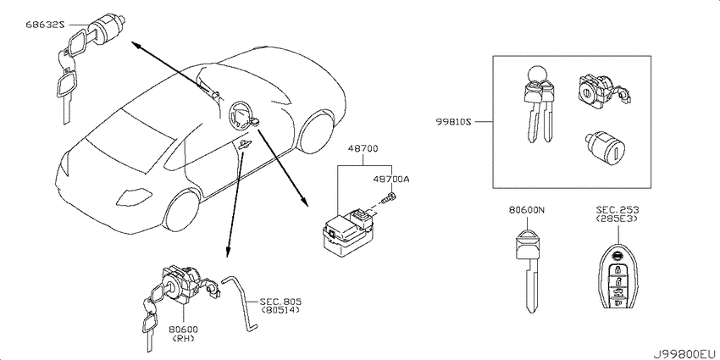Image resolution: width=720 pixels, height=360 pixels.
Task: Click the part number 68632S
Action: tap(44, 25)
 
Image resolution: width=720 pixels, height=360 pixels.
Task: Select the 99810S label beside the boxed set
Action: tap(454, 122)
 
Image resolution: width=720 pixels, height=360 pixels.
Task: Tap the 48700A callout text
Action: tap(390, 180)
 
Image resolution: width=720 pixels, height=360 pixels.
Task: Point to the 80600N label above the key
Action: tap(526, 211)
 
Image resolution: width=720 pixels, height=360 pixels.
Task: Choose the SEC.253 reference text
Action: tap(618, 210)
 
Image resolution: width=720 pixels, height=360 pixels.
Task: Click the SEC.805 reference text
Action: tap(280, 302)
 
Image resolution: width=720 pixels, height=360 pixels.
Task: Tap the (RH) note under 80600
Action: tap(183, 339)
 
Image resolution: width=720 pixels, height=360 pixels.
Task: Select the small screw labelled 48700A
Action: tap(389, 199)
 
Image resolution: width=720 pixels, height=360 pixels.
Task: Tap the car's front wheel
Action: tap(182, 210)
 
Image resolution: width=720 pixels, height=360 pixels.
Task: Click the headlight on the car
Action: tap(134, 197)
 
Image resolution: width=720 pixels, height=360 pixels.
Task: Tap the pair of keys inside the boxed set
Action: tap(539, 105)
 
